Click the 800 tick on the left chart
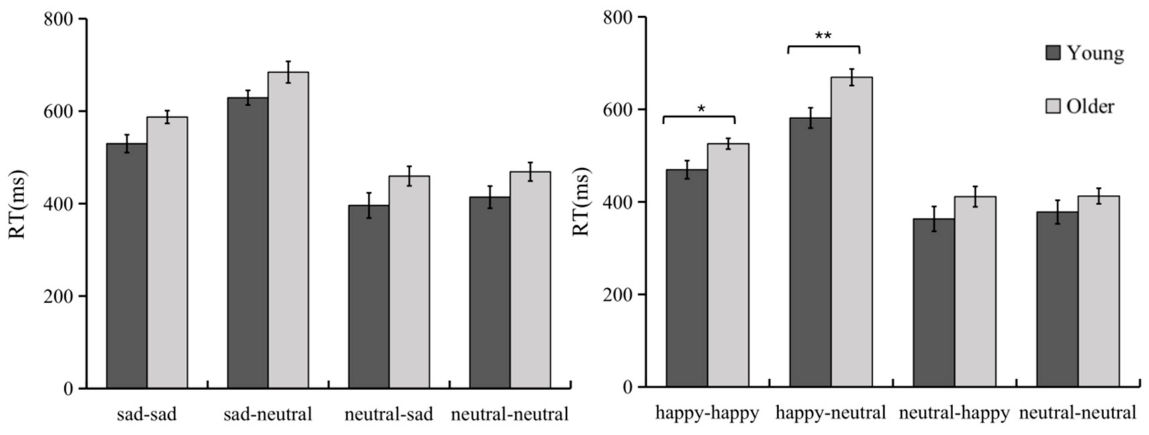pyautogui.click(x=58, y=19)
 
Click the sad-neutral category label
pyautogui.click(x=268, y=415)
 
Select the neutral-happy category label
pyautogui.click(x=954, y=413)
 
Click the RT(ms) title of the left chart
pyautogui.click(x=18, y=204)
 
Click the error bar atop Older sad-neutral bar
pyautogui.click(x=289, y=72)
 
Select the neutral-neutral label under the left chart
pyautogui.click(x=509, y=415)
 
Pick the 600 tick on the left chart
pyautogui.click(x=58, y=111)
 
